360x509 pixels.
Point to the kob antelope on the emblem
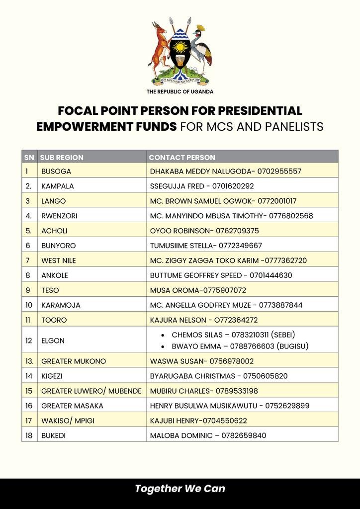click(x=160, y=47)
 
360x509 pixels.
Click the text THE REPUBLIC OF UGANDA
click(x=180, y=91)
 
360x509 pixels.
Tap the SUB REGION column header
click(x=62, y=157)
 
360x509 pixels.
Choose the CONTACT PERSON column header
click(x=182, y=157)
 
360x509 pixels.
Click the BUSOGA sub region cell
click(x=56, y=171)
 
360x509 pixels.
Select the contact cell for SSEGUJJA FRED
click(x=202, y=186)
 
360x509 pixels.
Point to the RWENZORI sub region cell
click(x=59, y=216)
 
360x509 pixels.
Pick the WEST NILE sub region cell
click(x=59, y=260)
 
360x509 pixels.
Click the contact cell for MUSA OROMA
click(x=198, y=290)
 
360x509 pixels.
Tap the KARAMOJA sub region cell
click(x=61, y=305)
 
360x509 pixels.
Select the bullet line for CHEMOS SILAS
click(x=237, y=335)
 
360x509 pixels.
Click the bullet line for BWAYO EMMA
click(x=240, y=345)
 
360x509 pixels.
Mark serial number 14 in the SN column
click(x=29, y=376)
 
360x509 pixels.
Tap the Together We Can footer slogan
click(x=180, y=489)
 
